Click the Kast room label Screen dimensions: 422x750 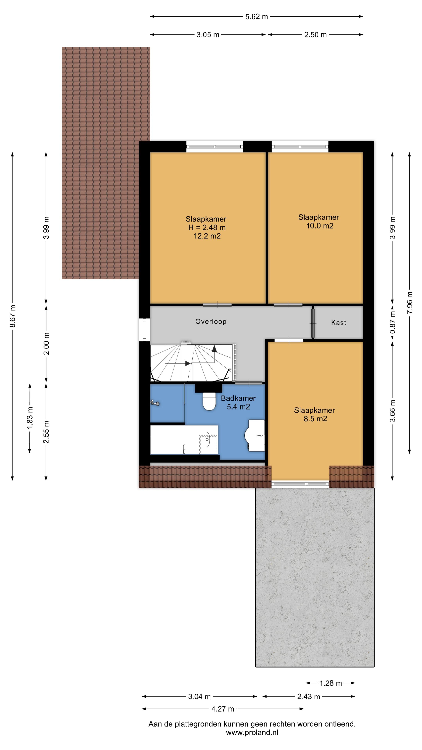pos(338,323)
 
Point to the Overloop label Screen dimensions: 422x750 pos(211,321)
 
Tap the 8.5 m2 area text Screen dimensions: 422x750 pos(315,419)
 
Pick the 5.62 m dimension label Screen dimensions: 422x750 pos(256,17)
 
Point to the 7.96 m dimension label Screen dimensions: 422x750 pos(409,303)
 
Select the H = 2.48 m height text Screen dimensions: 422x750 pos(207,227)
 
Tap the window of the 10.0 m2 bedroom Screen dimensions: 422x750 pos(300,147)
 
